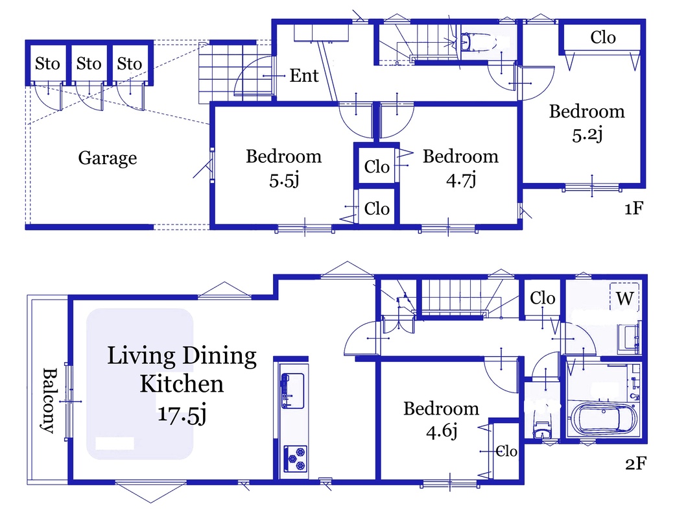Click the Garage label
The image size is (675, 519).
coord(108,158)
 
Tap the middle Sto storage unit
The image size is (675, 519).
coord(89,64)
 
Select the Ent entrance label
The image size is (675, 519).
coord(304,75)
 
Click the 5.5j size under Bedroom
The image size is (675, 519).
coord(284,180)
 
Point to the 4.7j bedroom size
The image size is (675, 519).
coord(461,180)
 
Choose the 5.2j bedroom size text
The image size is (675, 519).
coord(587,134)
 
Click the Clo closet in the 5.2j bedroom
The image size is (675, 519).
coord(602,38)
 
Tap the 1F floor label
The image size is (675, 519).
coord(634,208)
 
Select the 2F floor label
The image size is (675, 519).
coord(635,463)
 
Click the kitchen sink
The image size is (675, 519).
coord(292,391)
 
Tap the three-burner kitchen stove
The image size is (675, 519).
coord(295,458)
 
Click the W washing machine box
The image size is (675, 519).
coord(624,298)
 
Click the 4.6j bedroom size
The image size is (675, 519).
coord(442,431)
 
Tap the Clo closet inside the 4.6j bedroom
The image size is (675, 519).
coord(506,451)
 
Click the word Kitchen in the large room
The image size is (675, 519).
coord(182,384)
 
